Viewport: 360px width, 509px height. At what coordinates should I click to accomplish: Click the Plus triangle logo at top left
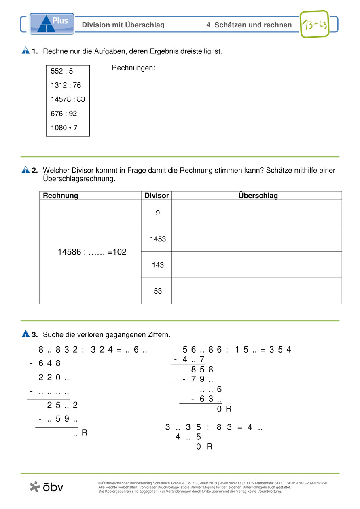(52, 23)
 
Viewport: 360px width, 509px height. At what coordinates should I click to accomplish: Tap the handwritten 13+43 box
(314, 24)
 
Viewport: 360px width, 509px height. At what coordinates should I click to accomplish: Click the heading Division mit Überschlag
(123, 25)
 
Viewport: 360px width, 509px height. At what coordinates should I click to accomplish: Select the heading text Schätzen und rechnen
(253, 25)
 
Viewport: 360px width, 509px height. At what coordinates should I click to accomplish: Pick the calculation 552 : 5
(62, 72)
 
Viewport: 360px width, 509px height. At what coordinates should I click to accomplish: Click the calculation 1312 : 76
(66, 85)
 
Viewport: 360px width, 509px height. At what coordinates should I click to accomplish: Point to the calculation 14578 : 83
(68, 99)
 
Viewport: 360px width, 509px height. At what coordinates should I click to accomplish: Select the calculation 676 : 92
(64, 114)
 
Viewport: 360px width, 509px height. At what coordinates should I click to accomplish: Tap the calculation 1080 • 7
(64, 128)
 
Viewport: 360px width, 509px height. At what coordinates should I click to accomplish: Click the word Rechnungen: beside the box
(133, 68)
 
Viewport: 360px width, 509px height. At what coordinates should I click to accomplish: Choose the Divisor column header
(157, 196)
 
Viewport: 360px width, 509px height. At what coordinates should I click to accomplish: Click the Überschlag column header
(258, 196)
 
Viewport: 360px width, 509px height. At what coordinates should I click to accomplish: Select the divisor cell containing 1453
(158, 239)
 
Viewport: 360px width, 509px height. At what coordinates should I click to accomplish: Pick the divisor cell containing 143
(158, 265)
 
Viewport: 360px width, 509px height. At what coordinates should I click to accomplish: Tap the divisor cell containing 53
(158, 291)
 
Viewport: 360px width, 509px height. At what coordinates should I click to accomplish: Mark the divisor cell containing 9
(158, 213)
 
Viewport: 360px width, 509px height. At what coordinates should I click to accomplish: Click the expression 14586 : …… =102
(92, 252)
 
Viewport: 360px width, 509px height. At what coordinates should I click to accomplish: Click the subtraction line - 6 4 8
(46, 363)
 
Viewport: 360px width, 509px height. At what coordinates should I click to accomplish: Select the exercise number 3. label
(35, 335)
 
